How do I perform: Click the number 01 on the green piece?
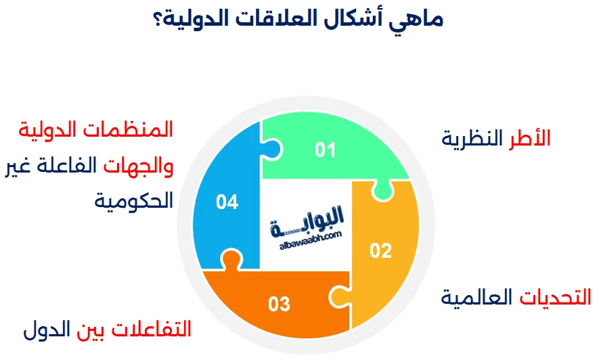(325, 150)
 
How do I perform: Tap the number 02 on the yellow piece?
(380, 251)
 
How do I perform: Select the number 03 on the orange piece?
(279, 304)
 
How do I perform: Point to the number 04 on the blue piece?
(227, 202)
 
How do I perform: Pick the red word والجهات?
(141, 165)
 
